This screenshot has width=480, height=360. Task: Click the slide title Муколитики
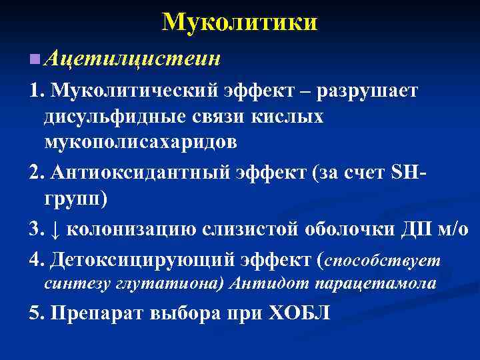(239, 23)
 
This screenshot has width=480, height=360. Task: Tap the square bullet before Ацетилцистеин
(34, 60)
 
